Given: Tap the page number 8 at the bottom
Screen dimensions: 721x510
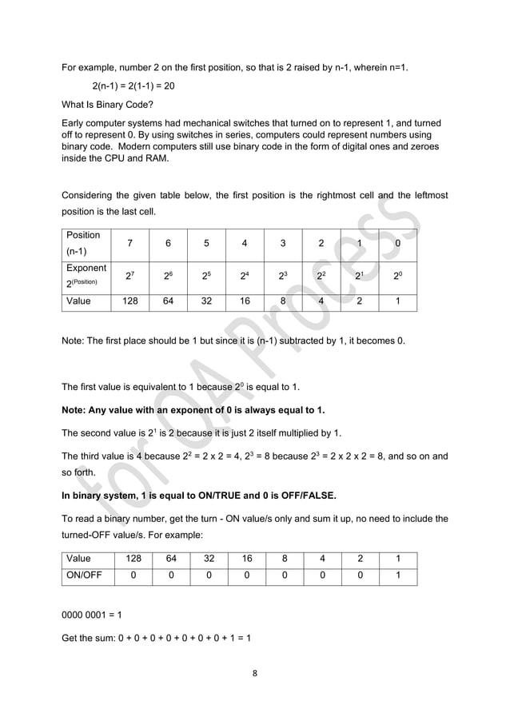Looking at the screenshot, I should point(254,672).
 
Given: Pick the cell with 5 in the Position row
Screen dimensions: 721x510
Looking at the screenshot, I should point(206,242).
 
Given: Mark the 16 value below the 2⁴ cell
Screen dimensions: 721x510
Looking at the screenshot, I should point(245,302).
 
